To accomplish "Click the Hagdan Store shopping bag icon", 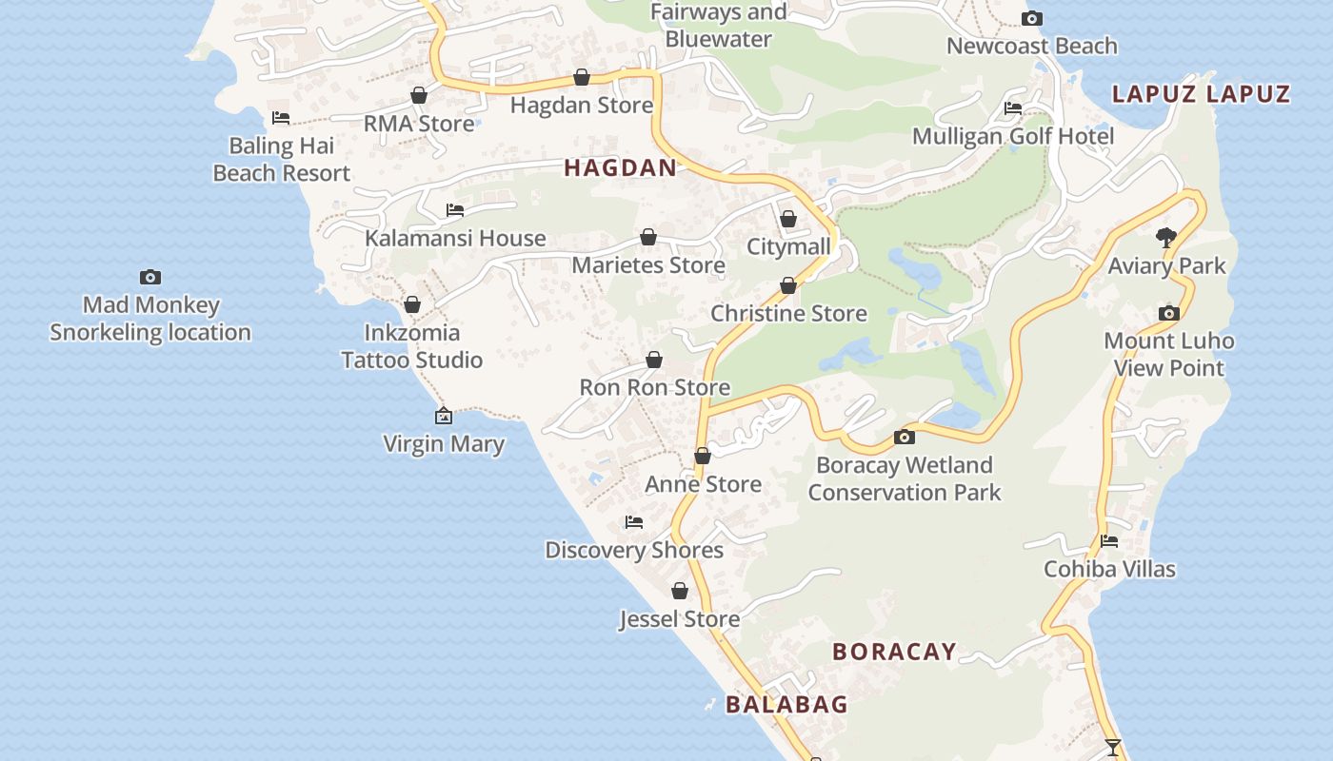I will click(582, 77).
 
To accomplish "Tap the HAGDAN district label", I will click(620, 168).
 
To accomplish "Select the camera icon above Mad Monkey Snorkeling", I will click(150, 277).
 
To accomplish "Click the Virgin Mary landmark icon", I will click(444, 416).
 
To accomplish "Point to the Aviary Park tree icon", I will click(1166, 237).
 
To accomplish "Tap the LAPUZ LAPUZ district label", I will click(1201, 93).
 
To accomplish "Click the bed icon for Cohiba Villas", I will click(1109, 541).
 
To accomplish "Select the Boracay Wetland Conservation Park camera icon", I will click(905, 438).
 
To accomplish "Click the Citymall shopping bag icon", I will click(788, 219).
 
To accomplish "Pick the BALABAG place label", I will click(786, 705).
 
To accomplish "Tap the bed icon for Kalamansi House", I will click(455, 210).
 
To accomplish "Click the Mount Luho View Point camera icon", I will click(1169, 313).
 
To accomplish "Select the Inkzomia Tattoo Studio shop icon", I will click(412, 304).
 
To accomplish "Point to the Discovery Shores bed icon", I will click(634, 522).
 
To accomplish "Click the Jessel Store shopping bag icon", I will click(680, 591).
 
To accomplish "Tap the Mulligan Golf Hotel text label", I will click(1013, 136).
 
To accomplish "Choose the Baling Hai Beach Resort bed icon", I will click(281, 118).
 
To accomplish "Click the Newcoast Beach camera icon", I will click(1031, 18).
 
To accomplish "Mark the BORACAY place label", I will click(894, 652).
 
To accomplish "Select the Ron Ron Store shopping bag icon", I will click(654, 360).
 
